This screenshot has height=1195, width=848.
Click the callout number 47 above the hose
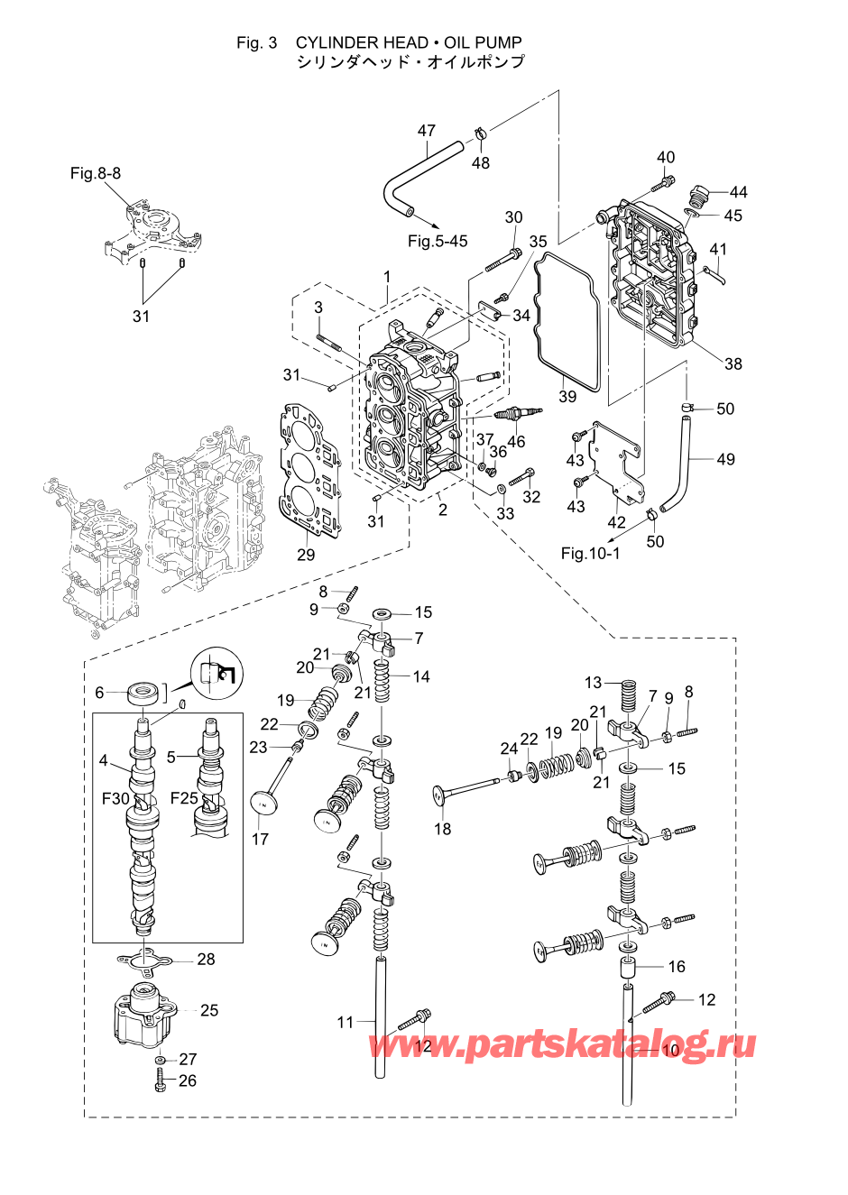426,131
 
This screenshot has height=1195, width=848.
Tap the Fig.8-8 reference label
96,173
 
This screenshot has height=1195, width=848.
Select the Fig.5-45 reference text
438,241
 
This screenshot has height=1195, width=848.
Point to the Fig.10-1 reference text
590,553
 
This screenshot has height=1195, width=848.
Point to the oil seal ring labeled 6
143,694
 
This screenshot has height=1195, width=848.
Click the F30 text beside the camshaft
115,799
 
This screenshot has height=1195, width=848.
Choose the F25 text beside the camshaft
184,799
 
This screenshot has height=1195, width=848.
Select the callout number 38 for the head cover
733,363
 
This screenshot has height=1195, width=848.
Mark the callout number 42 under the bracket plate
616,522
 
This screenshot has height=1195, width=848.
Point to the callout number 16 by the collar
677,966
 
